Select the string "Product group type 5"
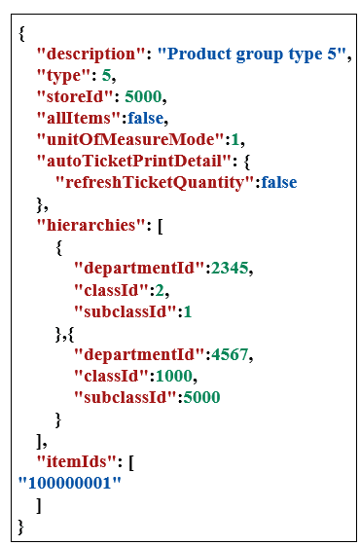[257, 54]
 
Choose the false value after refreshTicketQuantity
[275, 182]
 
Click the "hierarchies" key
[87, 225]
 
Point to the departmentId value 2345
[230, 268]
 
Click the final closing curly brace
[20, 526]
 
